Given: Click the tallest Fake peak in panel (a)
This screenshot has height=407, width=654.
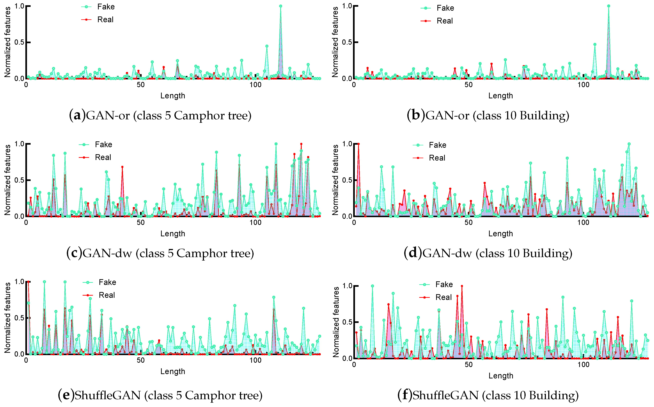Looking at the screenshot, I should (281, 6).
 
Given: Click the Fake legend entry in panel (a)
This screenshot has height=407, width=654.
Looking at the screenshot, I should (106, 7).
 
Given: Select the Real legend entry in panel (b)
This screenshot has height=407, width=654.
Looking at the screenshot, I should (444, 21).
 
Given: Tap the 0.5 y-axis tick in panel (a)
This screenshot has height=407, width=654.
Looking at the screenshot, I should (19, 42).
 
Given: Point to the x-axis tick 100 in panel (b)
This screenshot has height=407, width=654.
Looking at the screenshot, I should (583, 85).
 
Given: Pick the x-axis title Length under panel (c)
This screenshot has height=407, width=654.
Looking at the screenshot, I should (173, 234).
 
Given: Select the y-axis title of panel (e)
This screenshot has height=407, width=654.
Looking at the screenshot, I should (8, 318).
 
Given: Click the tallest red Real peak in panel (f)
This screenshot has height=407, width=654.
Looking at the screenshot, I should (462, 286).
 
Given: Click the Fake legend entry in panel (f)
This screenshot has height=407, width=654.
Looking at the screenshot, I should (444, 285).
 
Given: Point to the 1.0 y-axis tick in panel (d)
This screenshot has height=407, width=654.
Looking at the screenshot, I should (347, 144).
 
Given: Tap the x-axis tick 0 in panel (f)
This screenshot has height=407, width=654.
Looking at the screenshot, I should (354, 365).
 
